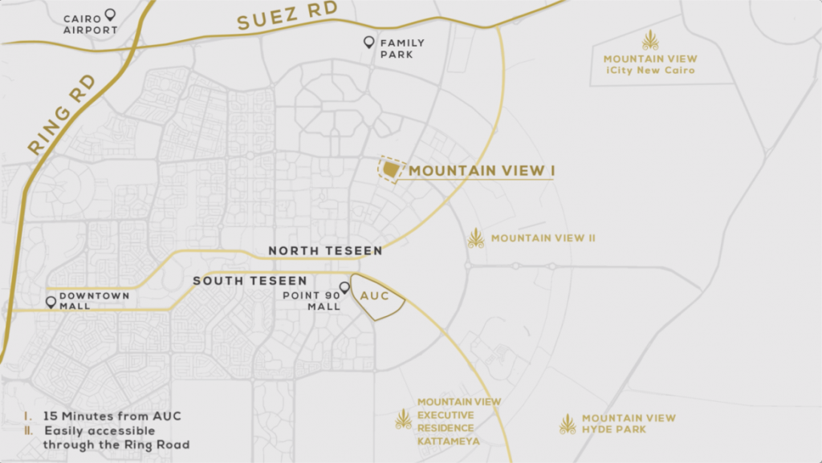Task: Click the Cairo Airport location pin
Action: tap(110, 14)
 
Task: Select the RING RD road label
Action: tap(61, 116)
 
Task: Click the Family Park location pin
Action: tap(368, 42)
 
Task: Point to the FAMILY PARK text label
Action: tap(402, 48)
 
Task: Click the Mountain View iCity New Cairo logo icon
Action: tap(650, 40)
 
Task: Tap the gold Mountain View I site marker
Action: tap(389, 169)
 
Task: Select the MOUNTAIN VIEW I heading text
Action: tap(482, 171)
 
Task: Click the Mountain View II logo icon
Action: tap(476, 238)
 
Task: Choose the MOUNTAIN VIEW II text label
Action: tap(543, 238)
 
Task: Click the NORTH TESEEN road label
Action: tap(325, 251)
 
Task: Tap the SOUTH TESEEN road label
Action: tap(250, 281)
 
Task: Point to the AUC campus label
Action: tap(375, 296)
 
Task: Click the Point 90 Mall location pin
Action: tap(344, 287)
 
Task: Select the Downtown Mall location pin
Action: tap(51, 303)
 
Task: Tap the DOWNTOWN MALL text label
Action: tap(94, 301)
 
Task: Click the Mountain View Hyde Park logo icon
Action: tap(568, 424)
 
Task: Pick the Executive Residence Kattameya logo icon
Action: tap(403, 418)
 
